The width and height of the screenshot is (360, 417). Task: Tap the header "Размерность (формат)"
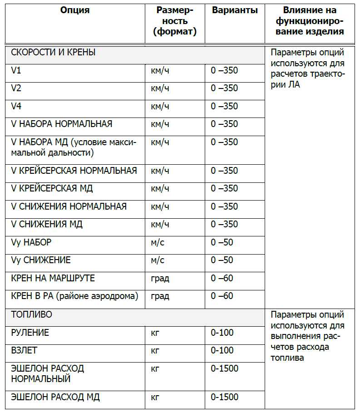(x=175, y=21)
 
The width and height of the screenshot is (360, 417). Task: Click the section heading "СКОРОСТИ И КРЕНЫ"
(x=53, y=53)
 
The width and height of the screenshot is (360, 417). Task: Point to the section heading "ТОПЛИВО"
(x=32, y=314)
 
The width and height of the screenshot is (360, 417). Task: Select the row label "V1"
(x=16, y=71)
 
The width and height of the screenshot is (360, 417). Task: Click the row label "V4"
(x=16, y=107)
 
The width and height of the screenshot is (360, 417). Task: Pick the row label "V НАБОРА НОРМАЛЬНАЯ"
(x=62, y=124)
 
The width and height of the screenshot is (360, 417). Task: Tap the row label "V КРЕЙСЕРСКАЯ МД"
(x=52, y=189)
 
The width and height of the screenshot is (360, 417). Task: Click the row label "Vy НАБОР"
(x=31, y=242)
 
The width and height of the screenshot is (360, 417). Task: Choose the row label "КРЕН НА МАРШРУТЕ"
(x=53, y=278)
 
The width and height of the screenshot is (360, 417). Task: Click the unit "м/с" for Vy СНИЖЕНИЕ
(x=158, y=260)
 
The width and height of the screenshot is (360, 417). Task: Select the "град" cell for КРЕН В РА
(x=160, y=296)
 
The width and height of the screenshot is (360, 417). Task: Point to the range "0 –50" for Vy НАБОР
(x=222, y=242)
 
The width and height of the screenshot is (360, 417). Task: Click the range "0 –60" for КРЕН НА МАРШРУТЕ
(x=222, y=278)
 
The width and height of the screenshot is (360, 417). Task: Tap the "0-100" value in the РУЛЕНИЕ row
(x=222, y=333)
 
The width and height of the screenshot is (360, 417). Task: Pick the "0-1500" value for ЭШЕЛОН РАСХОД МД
(x=224, y=397)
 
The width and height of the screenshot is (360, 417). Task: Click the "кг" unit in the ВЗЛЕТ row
(x=155, y=351)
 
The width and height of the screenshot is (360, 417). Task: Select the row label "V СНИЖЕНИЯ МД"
(x=47, y=225)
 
